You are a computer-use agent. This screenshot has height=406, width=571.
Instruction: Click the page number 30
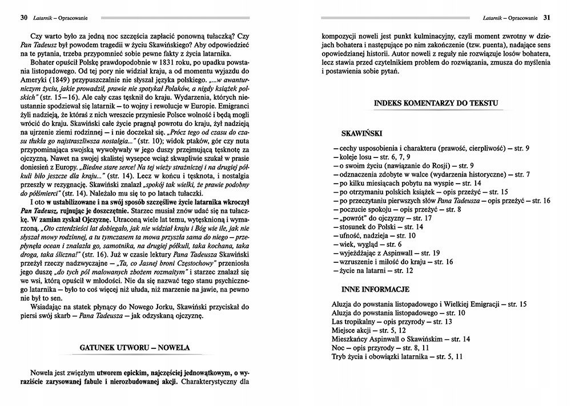pyautogui.click(x=23, y=18)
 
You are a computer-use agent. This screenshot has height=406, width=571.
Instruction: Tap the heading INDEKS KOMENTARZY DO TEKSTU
pyautogui.click(x=436, y=103)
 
